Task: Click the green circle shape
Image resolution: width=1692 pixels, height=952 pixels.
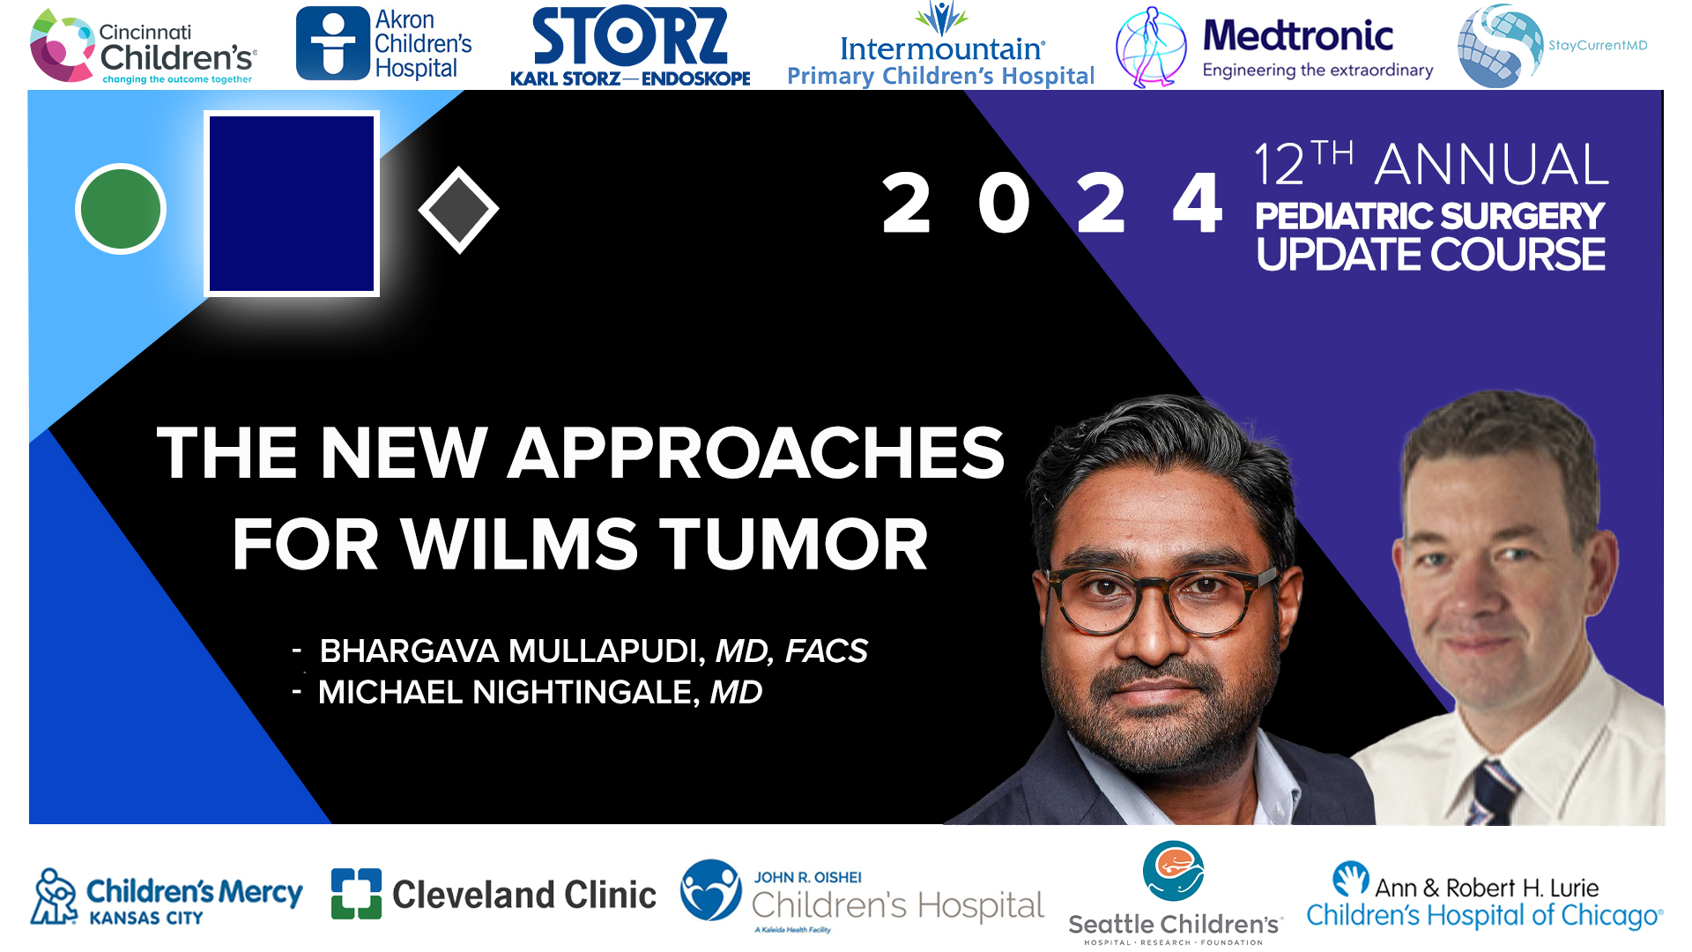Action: click(x=121, y=209)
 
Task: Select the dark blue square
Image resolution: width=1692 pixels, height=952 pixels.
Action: click(x=292, y=204)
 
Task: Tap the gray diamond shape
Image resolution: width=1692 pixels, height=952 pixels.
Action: click(x=458, y=210)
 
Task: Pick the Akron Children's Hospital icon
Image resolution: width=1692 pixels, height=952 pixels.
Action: click(x=332, y=44)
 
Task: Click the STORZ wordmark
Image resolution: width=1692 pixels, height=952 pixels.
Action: click(x=630, y=37)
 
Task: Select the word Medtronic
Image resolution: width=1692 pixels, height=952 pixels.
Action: click(x=1297, y=36)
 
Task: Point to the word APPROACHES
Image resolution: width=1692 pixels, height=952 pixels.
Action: click(x=755, y=453)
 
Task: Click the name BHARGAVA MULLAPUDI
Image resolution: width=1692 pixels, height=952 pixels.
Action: click(x=511, y=651)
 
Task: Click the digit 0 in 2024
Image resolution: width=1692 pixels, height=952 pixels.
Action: click(x=1004, y=204)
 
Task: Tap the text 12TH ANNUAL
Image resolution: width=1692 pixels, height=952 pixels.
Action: click(x=1430, y=164)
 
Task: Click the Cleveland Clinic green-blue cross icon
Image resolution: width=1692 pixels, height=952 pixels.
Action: click(x=356, y=894)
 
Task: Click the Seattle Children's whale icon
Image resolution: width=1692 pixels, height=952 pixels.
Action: click(x=1173, y=870)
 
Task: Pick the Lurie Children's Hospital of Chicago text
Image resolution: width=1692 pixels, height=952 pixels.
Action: click(x=1484, y=903)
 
